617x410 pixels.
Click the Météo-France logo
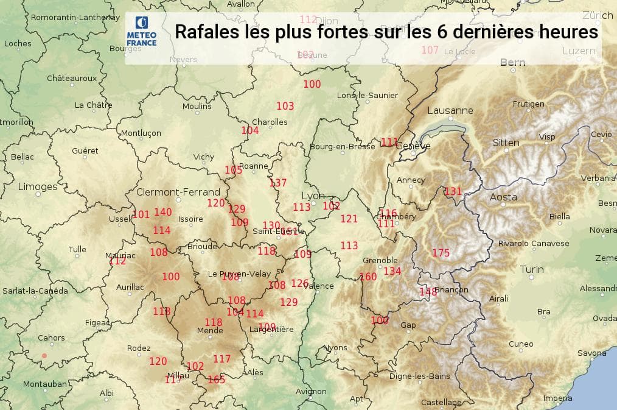pyautogui.click(x=142, y=32)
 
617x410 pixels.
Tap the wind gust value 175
pyautogui.click(x=441, y=253)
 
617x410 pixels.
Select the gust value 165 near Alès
pyautogui.click(x=216, y=380)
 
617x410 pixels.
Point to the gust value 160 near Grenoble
pyautogui.click(x=368, y=277)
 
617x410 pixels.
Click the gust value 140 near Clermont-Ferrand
pyautogui.click(x=162, y=212)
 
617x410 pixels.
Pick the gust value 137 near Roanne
pyautogui.click(x=277, y=183)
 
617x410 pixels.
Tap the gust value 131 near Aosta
pyautogui.click(x=453, y=191)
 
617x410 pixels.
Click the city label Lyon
pyautogui.click(x=313, y=196)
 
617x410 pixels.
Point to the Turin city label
pyautogui.click(x=532, y=269)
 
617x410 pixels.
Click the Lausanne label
pyautogui.click(x=450, y=111)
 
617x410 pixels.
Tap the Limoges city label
pyautogui.click(x=38, y=186)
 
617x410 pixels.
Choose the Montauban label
pyautogui.click(x=45, y=384)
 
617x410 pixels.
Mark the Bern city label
pyautogui.click(x=512, y=62)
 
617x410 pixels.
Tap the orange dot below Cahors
pyautogui.click(x=44, y=355)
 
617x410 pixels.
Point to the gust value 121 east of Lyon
pyautogui.click(x=349, y=219)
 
